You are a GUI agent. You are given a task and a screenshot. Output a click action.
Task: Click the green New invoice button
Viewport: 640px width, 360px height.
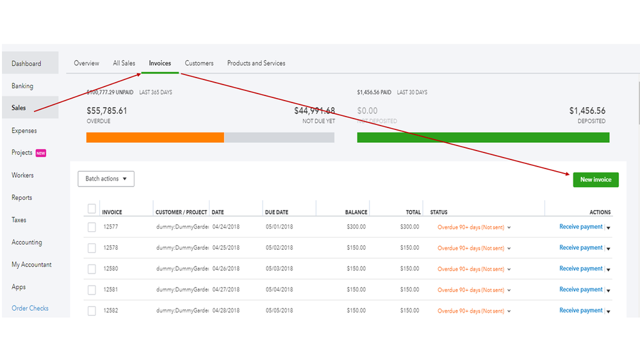[x=595, y=179]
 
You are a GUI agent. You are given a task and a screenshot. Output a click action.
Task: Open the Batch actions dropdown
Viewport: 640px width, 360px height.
[x=106, y=179]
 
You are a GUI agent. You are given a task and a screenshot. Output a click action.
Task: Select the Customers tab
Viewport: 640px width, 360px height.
[x=199, y=63]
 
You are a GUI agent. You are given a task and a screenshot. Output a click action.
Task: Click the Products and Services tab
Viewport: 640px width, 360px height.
[x=256, y=63]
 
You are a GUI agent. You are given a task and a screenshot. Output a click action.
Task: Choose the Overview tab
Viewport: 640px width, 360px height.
[x=86, y=63]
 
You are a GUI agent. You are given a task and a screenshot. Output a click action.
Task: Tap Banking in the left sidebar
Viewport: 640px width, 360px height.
[x=22, y=86]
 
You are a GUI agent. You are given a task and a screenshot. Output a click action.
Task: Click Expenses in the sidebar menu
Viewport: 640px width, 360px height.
[x=24, y=131]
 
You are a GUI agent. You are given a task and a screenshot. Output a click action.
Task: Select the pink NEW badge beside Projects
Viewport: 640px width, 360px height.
[x=41, y=153]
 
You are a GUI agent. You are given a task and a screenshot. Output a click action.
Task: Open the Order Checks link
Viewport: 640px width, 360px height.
[x=30, y=308]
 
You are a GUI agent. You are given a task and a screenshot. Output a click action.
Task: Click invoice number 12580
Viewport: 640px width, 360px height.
[x=110, y=269]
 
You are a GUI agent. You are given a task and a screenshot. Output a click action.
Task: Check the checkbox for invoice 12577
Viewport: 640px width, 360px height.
[x=92, y=227]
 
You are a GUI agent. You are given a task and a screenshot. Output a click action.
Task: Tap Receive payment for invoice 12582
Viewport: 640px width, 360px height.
[x=580, y=311]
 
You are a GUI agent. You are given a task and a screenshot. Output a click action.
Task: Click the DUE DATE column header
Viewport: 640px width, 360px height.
[x=277, y=212]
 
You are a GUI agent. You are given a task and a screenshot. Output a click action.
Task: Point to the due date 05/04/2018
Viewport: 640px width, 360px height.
[x=279, y=290]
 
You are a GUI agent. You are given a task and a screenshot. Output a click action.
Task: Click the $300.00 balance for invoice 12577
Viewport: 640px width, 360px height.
[x=357, y=227]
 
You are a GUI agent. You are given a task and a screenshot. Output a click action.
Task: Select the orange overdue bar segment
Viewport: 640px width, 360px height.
[x=155, y=137]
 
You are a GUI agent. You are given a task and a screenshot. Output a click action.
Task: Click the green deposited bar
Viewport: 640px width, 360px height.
[x=483, y=137]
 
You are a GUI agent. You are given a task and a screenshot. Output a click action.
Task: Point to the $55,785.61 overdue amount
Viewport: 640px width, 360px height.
[x=107, y=111]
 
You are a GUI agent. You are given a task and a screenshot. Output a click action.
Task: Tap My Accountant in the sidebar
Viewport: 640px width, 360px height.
[x=31, y=265]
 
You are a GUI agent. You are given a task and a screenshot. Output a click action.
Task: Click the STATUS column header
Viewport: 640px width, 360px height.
[x=439, y=212]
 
